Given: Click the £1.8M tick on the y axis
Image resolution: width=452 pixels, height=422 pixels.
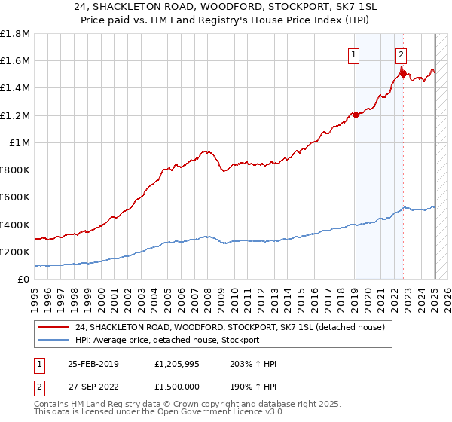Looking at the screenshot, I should [x=15, y=34].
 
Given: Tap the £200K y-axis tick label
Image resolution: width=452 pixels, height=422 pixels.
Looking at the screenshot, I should [x=15, y=252].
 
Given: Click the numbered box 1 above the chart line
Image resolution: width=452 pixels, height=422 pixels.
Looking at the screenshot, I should [x=353, y=54].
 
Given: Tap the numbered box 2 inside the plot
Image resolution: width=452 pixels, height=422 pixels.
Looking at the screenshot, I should [x=402, y=54].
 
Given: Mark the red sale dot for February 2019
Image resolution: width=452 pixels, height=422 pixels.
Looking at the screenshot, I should [x=355, y=115].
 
